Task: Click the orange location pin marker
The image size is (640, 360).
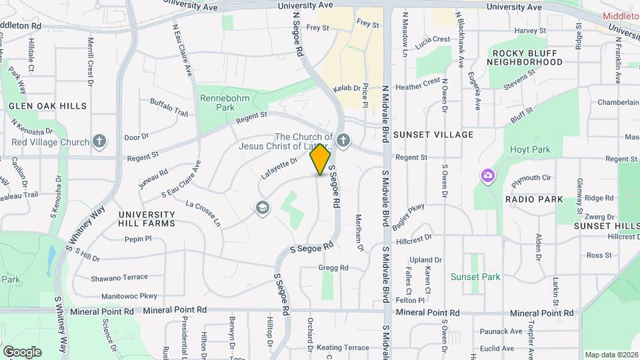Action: [x=321, y=159]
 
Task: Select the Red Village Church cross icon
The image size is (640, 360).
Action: [x=99, y=141]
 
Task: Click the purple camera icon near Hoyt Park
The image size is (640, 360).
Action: [x=488, y=175]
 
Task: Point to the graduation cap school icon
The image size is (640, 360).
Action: [x=263, y=209]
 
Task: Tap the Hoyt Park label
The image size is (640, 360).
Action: [x=531, y=150]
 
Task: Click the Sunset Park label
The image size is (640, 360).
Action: [x=475, y=277]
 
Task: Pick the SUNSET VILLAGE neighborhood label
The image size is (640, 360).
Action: [x=433, y=135]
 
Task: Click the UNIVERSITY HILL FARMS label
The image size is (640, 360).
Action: [x=147, y=219]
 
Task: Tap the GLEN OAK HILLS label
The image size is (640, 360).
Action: [x=47, y=106]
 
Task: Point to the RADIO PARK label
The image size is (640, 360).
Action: [x=533, y=199]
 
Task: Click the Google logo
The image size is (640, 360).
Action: [x=22, y=351]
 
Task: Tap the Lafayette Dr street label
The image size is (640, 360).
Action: [x=279, y=169]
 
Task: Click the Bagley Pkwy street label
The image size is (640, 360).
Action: [x=408, y=217]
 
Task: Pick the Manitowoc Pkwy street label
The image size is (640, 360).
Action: [x=129, y=295]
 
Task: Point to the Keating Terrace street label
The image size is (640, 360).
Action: [x=343, y=347]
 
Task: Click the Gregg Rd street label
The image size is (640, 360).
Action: [x=333, y=268]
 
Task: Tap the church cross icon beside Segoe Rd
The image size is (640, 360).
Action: [x=343, y=140]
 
